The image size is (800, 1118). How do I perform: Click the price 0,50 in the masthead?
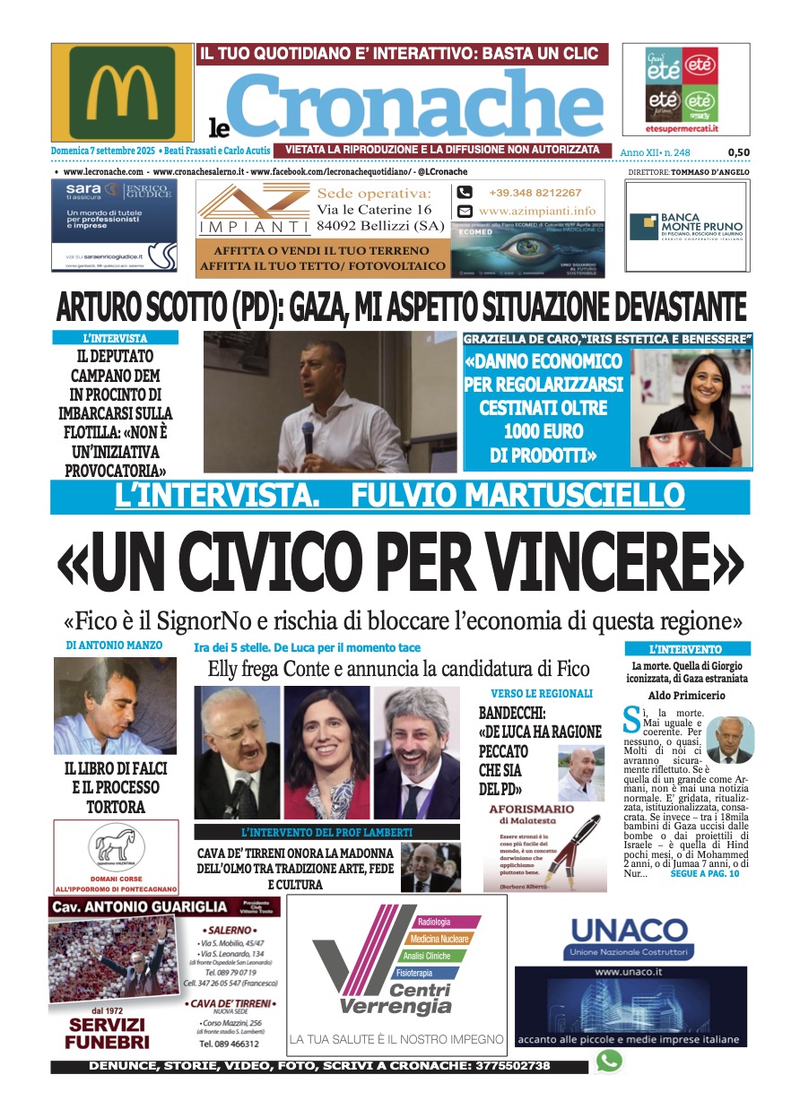click(x=738, y=152)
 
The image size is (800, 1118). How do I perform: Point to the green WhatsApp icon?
click(x=609, y=1062)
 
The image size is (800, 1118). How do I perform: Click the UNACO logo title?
click(x=630, y=930)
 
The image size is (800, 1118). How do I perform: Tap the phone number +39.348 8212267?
click(x=535, y=193)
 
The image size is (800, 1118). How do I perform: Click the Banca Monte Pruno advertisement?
click(x=687, y=226)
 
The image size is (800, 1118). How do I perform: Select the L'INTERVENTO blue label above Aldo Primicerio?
click(x=686, y=649)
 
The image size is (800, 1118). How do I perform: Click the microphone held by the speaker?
click(x=307, y=437)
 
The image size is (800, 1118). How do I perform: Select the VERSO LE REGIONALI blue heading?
click(x=541, y=693)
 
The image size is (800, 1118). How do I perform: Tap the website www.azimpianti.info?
click(x=536, y=212)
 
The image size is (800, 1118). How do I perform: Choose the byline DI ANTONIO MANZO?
click(x=114, y=645)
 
